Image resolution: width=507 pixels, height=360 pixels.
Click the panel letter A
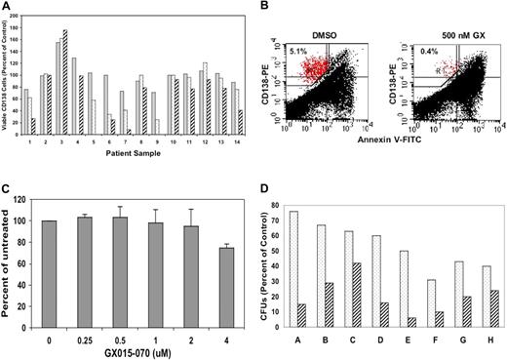6,7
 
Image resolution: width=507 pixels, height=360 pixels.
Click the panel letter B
263,7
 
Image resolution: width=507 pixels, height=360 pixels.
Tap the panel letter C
6,183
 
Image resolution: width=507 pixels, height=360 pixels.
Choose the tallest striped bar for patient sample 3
65,81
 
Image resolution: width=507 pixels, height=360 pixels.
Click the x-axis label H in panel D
485,343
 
